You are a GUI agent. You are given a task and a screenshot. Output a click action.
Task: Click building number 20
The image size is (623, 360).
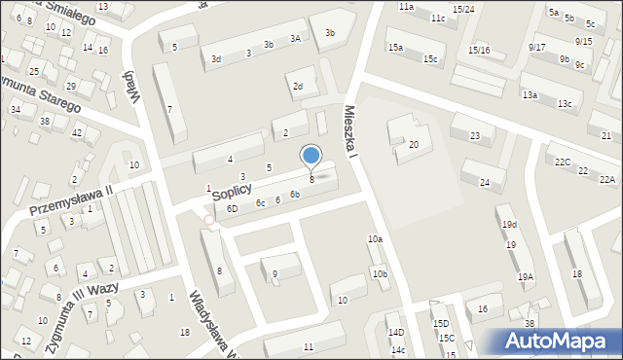click(414, 145)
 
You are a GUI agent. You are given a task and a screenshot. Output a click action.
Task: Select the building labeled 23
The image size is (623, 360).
click(474, 136)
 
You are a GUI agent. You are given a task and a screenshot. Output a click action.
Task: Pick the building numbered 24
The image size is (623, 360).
click(484, 182)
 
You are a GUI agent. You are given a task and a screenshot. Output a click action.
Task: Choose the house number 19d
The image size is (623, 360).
click(509, 225)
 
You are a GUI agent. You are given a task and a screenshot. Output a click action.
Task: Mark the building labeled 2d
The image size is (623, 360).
click(298, 87)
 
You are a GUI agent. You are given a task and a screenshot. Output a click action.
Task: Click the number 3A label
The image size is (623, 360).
click(294, 39)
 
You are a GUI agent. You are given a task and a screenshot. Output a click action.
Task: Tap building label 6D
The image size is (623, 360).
click(232, 209)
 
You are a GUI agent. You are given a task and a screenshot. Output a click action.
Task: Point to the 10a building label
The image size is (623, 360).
click(375, 239)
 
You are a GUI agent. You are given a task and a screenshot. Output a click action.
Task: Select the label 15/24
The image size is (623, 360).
click(464, 10)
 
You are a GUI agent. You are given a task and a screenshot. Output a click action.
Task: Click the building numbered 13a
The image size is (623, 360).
click(530, 95)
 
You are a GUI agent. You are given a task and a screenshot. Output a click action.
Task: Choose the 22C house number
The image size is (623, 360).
click(563, 162)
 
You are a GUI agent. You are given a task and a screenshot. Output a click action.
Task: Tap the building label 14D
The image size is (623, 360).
click(395, 333)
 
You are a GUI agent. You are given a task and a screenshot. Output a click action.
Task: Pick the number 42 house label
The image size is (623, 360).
click(78, 132)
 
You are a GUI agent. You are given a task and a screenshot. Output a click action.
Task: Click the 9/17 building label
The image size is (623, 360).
click(537, 47)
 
